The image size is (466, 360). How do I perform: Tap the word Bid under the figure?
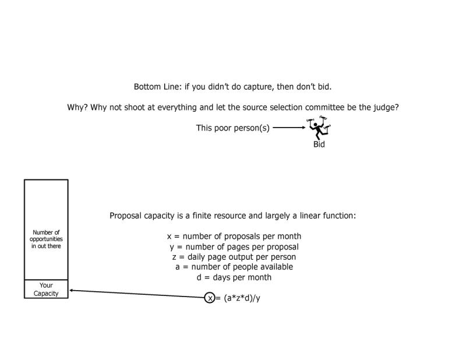coord(319,144)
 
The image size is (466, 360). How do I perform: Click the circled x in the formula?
coord(210,298)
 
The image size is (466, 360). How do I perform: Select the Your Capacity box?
coord(46,289)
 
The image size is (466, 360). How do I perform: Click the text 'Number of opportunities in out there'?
coord(46,239)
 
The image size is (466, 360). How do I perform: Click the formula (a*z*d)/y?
coord(242,298)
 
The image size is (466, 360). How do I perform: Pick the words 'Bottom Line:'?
coord(158,87)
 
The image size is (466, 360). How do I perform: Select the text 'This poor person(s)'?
coord(232,128)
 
